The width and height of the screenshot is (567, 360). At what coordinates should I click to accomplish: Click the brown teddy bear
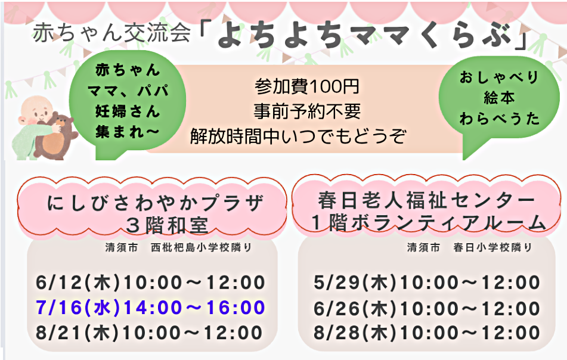coord(54,136)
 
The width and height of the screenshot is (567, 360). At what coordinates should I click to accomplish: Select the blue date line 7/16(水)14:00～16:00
coord(150,308)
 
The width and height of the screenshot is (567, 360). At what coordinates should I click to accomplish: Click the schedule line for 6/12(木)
coord(150,283)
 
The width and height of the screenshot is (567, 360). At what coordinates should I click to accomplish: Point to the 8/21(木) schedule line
coord(149,333)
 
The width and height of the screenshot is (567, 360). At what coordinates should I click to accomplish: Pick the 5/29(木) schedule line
coord(427,283)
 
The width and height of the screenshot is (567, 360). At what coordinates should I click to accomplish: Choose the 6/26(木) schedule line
coord(427,308)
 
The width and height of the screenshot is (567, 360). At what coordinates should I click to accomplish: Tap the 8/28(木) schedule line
coord(427,333)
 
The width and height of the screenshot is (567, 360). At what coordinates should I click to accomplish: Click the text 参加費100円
coord(306,87)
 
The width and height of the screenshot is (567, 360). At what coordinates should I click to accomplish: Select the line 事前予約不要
coord(306,111)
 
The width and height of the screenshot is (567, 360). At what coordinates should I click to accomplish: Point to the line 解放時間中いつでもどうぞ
coord(298,136)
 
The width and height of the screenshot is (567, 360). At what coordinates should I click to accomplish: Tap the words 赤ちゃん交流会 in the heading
coord(111,33)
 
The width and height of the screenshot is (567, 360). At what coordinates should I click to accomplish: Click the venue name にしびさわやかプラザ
coord(156,203)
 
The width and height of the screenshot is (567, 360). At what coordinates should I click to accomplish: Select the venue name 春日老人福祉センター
coord(427,200)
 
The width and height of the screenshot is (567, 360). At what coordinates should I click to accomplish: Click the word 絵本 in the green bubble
coord(499,98)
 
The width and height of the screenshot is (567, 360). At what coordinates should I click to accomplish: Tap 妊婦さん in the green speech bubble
coord(127,111)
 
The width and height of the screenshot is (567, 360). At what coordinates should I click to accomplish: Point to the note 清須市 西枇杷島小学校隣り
coord(179,247)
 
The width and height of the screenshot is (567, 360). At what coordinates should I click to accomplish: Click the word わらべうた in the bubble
coord(500,119)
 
